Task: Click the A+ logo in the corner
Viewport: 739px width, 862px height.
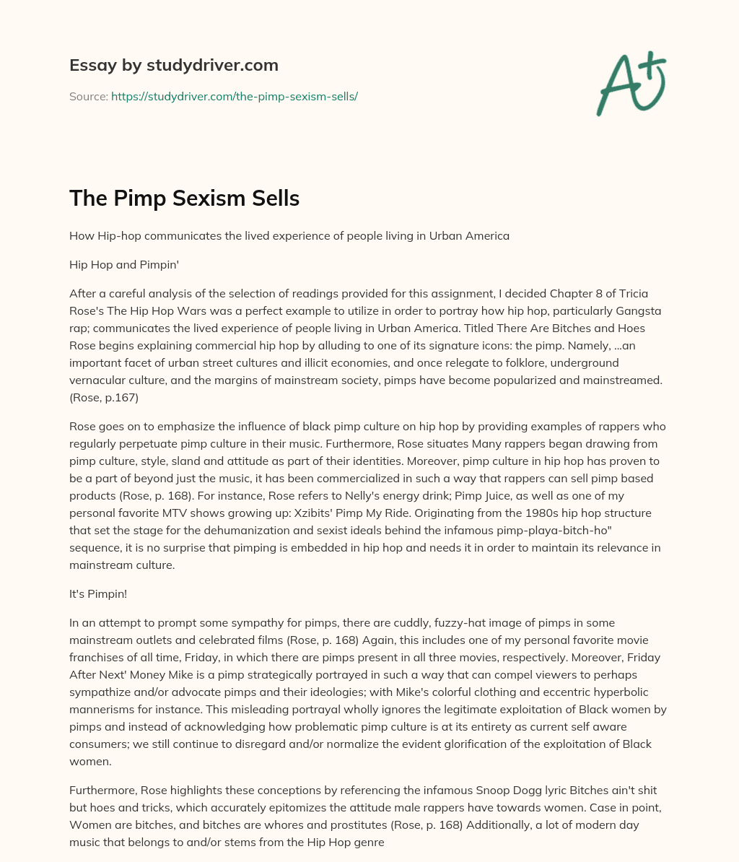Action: tap(631, 82)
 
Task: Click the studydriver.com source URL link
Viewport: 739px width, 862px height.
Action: tap(235, 96)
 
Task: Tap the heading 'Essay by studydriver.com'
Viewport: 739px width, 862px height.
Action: tap(173, 65)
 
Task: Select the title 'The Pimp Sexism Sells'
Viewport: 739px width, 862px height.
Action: tap(184, 198)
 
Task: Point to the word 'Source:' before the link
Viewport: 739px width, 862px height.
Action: tap(88, 96)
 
